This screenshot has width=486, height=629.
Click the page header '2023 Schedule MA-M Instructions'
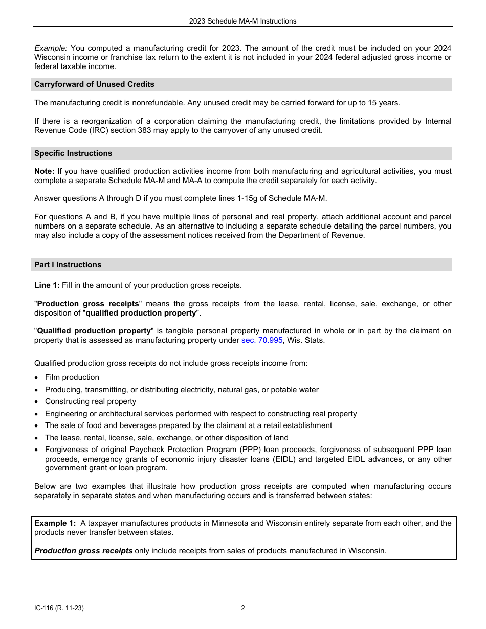click(242, 21)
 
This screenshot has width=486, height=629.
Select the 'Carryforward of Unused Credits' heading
click(94, 84)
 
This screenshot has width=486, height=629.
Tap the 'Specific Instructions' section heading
click(73, 153)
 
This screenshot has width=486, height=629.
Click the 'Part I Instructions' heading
click(68, 265)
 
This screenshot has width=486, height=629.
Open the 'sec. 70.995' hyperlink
click(262, 340)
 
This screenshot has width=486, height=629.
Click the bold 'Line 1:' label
click(47, 285)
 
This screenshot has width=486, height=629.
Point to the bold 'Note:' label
click(44, 171)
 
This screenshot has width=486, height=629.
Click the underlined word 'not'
click(175, 364)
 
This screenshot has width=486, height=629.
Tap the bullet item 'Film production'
click(72, 377)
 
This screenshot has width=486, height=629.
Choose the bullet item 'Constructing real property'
click(91, 401)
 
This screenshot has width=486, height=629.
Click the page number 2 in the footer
click(243, 608)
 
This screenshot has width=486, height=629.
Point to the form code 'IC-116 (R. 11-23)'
click(59, 608)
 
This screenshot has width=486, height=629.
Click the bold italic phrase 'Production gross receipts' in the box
click(83, 551)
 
